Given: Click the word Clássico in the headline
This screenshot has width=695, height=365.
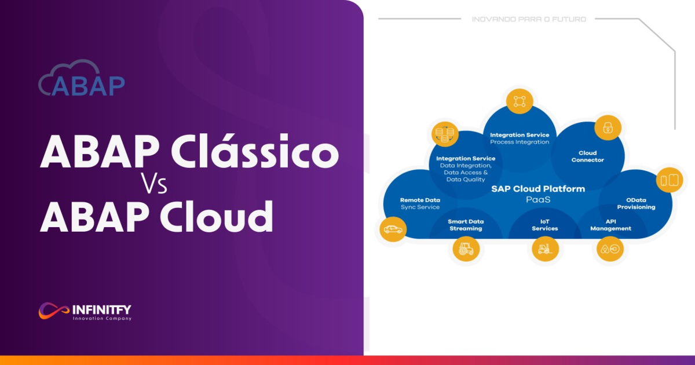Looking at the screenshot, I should coord(255,152).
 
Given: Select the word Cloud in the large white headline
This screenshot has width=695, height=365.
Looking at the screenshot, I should coord(217,216).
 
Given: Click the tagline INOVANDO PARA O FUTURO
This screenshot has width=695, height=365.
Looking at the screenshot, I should coord(529,19).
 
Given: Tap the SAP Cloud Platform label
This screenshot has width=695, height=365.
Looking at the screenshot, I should coord(538,188).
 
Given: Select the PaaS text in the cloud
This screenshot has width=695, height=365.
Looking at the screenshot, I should coord(538,199).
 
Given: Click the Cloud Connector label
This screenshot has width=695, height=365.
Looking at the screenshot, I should coord(587,156).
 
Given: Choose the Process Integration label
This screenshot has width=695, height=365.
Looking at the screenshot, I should coord(520,142).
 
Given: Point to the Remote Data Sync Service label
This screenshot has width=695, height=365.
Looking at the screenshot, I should coord(420,203).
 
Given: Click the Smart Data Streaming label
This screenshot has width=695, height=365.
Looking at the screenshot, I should coord(466,225).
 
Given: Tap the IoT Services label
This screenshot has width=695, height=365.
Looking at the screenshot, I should coord(544,225).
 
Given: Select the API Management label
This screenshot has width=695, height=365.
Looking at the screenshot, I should coord(610,225).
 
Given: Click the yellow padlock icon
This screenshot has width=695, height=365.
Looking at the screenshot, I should coord(608,127).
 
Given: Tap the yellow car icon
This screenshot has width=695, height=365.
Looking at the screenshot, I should coord(392,229).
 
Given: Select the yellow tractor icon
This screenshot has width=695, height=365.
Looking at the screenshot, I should coord(466,249).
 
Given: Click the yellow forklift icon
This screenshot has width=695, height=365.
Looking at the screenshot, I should coord(544,249).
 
